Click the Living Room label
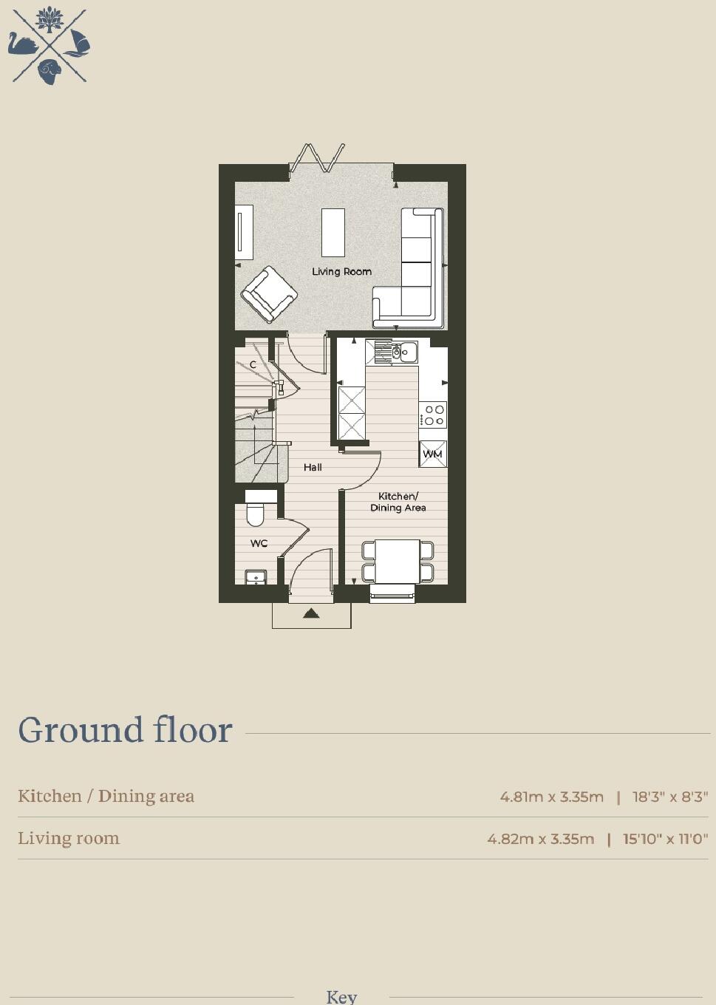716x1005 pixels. pyautogui.click(x=341, y=271)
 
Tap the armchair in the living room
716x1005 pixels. pyautogui.click(x=269, y=294)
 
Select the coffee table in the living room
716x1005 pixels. pyautogui.click(x=333, y=232)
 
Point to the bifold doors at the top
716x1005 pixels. pyautogui.click(x=318, y=158)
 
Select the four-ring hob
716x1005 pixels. pyautogui.click(x=433, y=415)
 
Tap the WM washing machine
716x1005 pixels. pyautogui.click(x=433, y=454)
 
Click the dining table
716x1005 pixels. pyautogui.click(x=398, y=562)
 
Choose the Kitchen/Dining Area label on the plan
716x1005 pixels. pyautogui.click(x=398, y=502)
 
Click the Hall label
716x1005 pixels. pyautogui.click(x=313, y=467)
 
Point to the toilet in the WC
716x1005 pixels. pyautogui.click(x=256, y=511)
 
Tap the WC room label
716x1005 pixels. pyautogui.click(x=259, y=543)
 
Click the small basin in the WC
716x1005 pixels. pyautogui.click(x=256, y=577)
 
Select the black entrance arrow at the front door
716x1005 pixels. pyautogui.click(x=311, y=613)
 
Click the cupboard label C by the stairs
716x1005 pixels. pyautogui.click(x=253, y=364)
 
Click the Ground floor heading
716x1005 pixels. pyautogui.click(x=125, y=730)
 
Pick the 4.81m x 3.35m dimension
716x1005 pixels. pyautogui.click(x=551, y=797)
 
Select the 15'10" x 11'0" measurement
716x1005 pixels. pyautogui.click(x=665, y=839)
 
